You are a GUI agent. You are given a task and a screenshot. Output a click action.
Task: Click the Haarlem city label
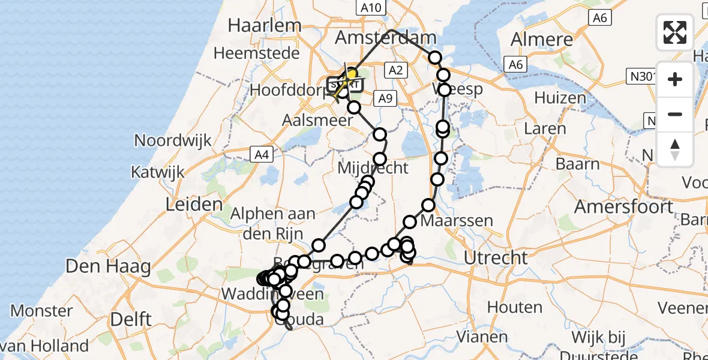coord(264,25)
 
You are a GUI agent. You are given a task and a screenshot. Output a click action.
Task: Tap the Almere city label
coord(542,40)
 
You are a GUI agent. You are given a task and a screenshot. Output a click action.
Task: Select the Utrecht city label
coord(496,258)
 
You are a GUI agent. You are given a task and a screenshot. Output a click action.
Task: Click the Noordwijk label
coord(173,140)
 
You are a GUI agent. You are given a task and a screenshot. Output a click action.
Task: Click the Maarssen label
coord(457,221)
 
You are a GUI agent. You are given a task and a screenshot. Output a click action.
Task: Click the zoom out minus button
coord(675,114)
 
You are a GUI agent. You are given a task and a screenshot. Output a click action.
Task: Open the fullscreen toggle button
coord(675,32)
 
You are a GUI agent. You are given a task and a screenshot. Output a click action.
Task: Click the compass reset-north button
coord(675,149)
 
